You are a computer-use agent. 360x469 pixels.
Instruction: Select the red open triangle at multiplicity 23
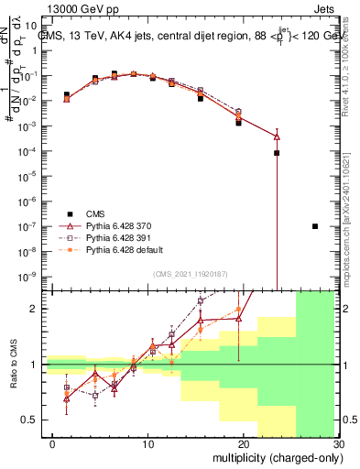(x=277, y=136)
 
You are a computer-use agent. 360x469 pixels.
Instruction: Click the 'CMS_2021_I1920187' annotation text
(x=190, y=272)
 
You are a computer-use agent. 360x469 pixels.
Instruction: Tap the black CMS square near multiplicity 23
(x=277, y=153)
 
